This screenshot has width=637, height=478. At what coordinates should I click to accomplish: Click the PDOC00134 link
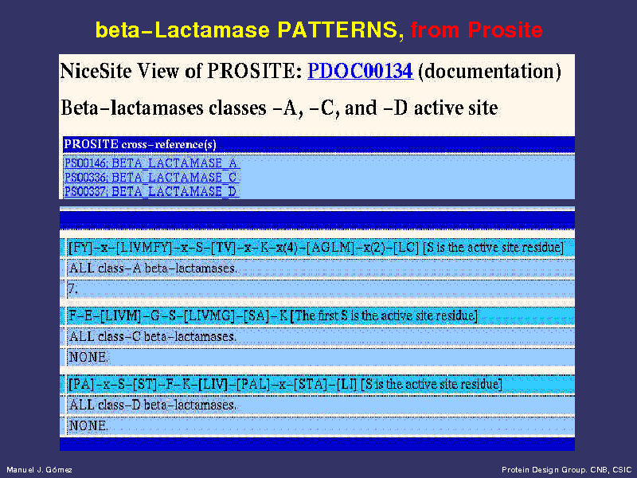click(361, 71)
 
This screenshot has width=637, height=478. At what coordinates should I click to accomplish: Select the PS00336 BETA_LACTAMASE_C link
click(150, 178)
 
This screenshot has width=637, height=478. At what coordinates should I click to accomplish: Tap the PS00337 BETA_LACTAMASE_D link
click(150, 191)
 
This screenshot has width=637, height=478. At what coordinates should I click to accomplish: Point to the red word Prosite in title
click(505, 29)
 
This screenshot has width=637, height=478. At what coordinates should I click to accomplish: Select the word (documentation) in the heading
click(490, 72)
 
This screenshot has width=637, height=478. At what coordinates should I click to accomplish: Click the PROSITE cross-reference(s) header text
click(140, 144)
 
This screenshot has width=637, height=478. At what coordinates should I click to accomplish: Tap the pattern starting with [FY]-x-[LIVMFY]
click(244, 248)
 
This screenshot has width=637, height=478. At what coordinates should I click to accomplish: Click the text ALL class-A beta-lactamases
click(153, 268)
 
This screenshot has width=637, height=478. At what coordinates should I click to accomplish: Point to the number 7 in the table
click(72, 289)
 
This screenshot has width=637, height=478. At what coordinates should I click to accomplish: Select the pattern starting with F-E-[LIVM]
click(178, 315)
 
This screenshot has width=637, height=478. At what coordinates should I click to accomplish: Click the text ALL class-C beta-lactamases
click(153, 336)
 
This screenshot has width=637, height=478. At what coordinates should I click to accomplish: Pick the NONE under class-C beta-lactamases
click(88, 357)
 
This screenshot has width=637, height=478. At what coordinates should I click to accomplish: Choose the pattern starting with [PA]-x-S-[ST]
click(213, 384)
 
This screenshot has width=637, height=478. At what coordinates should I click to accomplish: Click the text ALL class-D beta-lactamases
click(153, 405)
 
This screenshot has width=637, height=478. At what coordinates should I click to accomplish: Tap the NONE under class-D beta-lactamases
click(88, 425)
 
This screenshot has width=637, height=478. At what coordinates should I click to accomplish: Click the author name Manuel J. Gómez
click(39, 470)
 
